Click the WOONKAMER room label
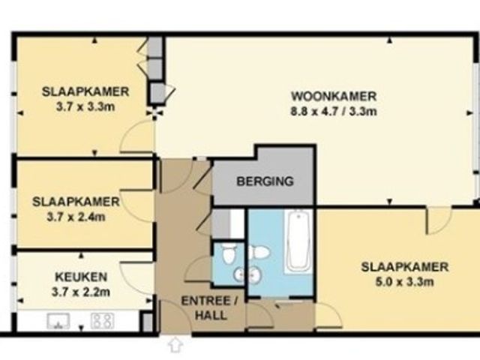[334, 97]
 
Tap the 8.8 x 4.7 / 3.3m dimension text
[334, 112]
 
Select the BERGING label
[265, 181]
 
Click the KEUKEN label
[81, 277]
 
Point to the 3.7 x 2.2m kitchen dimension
[81, 292]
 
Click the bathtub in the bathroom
[298, 241]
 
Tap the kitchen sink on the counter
[58, 321]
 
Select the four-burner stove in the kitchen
[103, 321]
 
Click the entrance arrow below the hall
[175, 344]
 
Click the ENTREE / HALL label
[211, 308]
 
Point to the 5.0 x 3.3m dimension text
[405, 282]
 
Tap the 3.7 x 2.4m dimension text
[76, 217]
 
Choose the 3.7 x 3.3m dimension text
[85, 106]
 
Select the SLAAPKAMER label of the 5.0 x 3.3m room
[405, 267]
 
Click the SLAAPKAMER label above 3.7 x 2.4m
[76, 202]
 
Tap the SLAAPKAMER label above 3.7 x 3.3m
[85, 91]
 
